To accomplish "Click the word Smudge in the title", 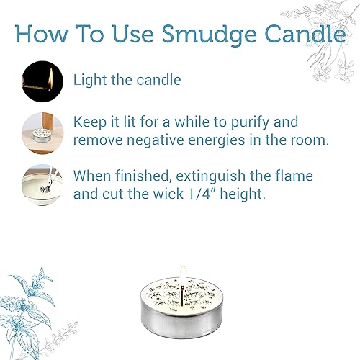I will [x=203, y=34].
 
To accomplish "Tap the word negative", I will [x=154, y=140].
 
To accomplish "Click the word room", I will [x=310, y=140].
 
